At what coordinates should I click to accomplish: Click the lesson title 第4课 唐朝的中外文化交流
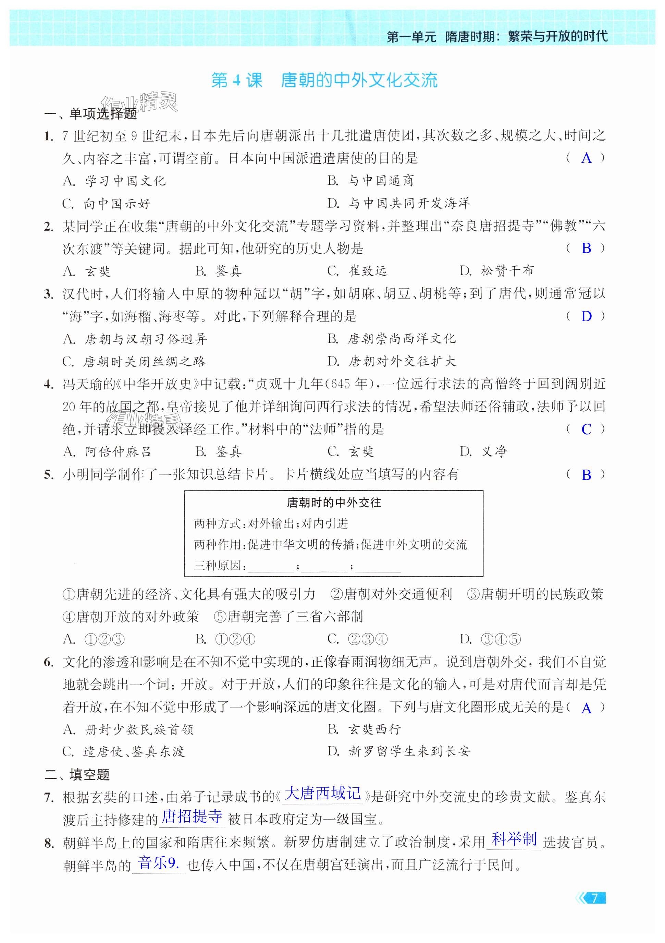pyautogui.click(x=324, y=81)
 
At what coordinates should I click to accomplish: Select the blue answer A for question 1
pyautogui.click(x=586, y=158)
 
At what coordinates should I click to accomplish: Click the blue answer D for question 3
pyautogui.click(x=586, y=316)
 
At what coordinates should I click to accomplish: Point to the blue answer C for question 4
pyautogui.click(x=586, y=429)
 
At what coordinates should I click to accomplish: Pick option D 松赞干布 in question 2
pyautogui.click(x=497, y=271)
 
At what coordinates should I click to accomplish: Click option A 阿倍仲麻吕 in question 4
pyautogui.click(x=108, y=452)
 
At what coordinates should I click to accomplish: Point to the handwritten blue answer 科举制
pyautogui.click(x=514, y=839)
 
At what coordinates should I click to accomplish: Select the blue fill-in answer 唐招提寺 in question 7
pyautogui.click(x=192, y=816)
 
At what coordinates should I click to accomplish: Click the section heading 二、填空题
pyautogui.click(x=77, y=775)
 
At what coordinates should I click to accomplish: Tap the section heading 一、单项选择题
pyautogui.click(x=91, y=113)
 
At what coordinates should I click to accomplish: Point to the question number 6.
pyautogui.click(x=48, y=662)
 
